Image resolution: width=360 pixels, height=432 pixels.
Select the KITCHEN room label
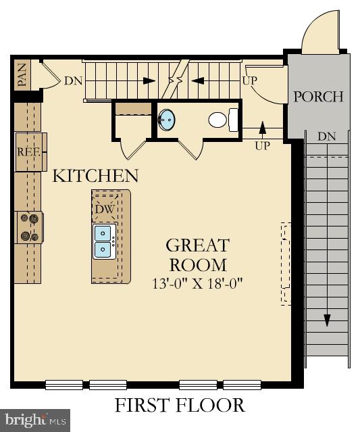pyautogui.click(x=95, y=176)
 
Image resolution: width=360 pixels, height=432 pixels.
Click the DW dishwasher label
pyautogui.click(x=104, y=209)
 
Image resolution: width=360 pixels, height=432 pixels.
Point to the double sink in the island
pyautogui.click(x=103, y=241)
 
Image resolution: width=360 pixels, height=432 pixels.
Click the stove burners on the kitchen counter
pyautogui.click(x=29, y=227)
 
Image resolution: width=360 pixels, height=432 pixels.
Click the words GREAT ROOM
pyautogui.click(x=197, y=254)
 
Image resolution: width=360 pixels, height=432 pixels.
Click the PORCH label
pyautogui.click(x=318, y=97)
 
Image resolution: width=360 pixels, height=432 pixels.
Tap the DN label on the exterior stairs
pyautogui.click(x=326, y=137)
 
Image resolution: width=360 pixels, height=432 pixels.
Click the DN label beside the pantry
pyautogui.click(x=74, y=81)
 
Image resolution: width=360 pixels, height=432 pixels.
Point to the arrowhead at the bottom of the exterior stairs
pyautogui.click(x=327, y=320)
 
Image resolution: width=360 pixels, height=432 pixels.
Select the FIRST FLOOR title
pyautogui.click(x=180, y=405)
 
